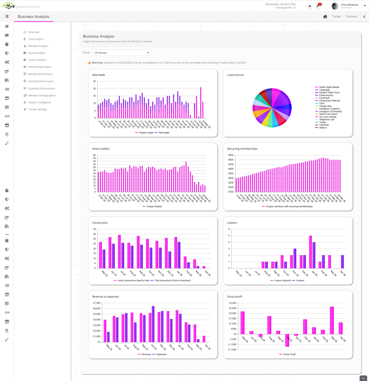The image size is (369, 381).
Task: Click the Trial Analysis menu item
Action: tap(36, 39)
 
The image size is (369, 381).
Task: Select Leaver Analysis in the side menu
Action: tap(37, 60)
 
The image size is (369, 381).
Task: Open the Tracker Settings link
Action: tap(38, 109)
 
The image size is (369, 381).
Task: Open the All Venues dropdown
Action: tap(122, 53)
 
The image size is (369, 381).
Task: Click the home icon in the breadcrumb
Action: tap(325, 17)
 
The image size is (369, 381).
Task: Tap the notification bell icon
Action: tap(318, 6)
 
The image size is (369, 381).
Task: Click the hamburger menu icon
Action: tap(7, 17)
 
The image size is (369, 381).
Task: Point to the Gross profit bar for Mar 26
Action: tap(332, 320)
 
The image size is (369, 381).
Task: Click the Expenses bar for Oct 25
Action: tap(153, 324)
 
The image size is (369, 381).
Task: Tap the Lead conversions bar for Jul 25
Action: tap(119, 252)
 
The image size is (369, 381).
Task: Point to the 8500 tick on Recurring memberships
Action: tap(231, 160)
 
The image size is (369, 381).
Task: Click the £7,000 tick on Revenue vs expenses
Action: tap(96, 303)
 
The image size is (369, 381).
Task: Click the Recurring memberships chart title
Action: tap(242, 149)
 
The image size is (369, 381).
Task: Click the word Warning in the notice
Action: tap(97, 63)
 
